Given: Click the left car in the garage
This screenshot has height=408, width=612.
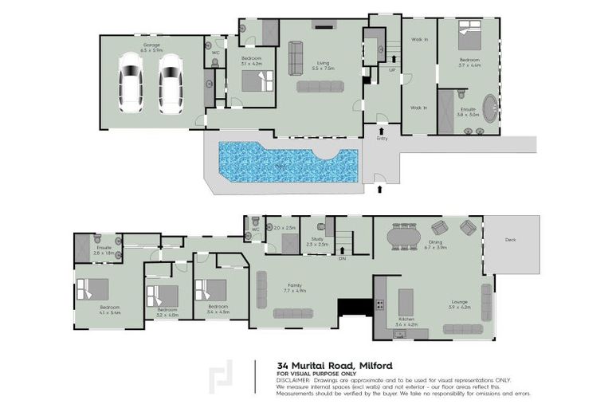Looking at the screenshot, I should click(x=130, y=84).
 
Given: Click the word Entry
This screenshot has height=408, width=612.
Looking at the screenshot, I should click(x=382, y=139).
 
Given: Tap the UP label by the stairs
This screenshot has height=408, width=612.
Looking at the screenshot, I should click(x=391, y=69).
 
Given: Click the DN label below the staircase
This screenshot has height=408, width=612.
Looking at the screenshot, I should click(x=341, y=259).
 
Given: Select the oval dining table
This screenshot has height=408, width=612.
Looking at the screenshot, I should click(x=405, y=237).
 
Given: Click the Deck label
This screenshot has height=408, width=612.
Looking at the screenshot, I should click(x=510, y=240).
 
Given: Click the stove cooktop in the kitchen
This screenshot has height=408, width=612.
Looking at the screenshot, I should click(x=380, y=304).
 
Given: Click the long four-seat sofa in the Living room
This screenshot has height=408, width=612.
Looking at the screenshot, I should click(x=322, y=86).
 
